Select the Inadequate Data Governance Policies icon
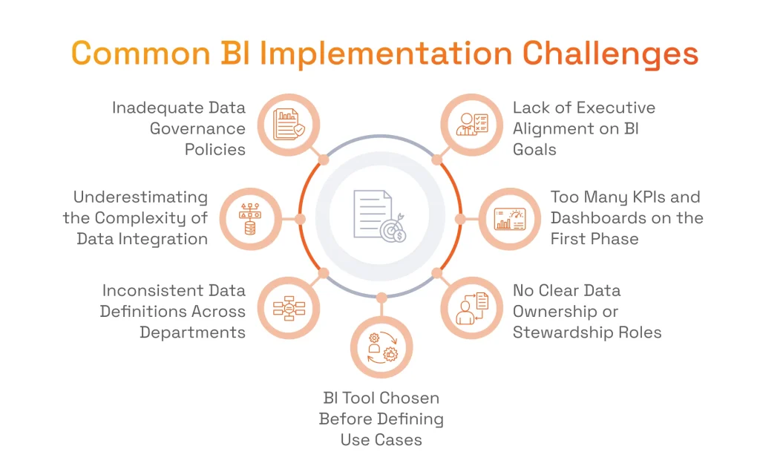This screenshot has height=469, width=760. [289, 125]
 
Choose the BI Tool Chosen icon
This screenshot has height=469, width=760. [381, 347]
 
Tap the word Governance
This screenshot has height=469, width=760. [197, 128]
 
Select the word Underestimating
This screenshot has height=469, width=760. [140, 197]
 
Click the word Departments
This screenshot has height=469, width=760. [192, 332]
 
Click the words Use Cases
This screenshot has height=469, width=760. [381, 439]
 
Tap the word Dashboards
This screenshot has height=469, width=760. [602, 218]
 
